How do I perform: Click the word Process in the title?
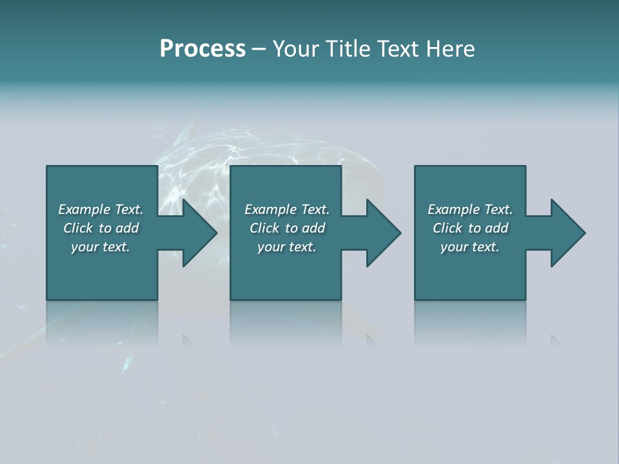[x=202, y=49]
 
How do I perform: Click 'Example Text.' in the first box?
[x=101, y=209]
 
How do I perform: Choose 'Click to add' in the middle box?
[x=287, y=228]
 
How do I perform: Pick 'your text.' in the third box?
[x=470, y=247]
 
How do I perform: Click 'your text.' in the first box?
[x=101, y=247]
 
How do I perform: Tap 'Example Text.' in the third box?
[x=470, y=209]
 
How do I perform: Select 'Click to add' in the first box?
[x=101, y=228]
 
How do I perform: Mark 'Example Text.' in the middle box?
[x=287, y=209]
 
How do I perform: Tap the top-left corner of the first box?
[x=48, y=168]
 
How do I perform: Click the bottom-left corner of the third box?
[x=416, y=298]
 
